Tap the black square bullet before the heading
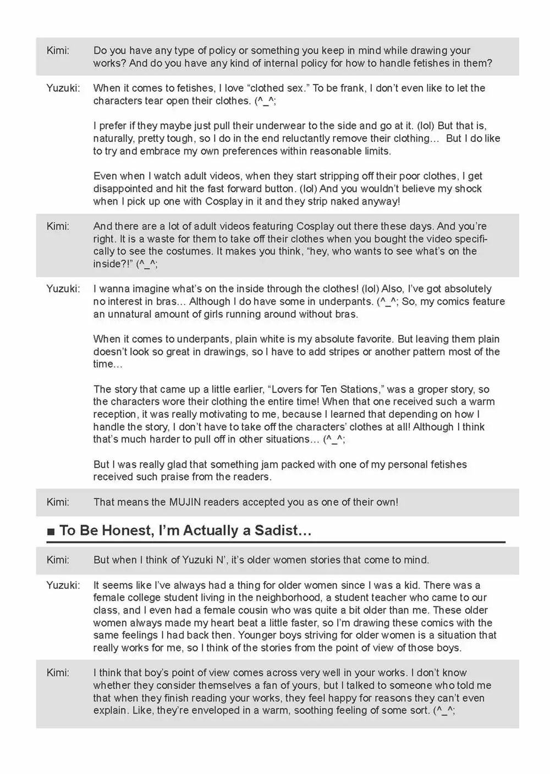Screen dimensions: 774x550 [x=51, y=532]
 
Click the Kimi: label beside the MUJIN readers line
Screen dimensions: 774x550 [x=58, y=502]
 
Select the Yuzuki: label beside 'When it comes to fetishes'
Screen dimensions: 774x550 [x=63, y=88]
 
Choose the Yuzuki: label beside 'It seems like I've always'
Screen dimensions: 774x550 [x=63, y=585]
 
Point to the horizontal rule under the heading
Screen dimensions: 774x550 [x=276, y=543]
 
